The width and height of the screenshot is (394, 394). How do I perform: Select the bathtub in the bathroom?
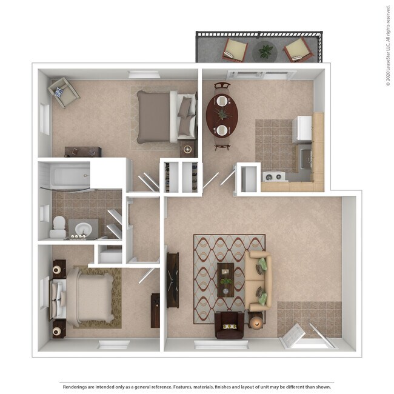[x=64, y=176]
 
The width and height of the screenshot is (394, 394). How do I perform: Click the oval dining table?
[x=222, y=115]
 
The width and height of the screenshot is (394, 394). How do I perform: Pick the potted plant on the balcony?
[x=265, y=52]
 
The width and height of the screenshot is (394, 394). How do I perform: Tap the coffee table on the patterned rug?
[x=226, y=279]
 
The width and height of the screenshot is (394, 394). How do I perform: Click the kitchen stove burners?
[x=274, y=177]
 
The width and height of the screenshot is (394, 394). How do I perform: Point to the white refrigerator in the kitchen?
[x=302, y=129]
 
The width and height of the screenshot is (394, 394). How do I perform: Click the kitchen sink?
[x=306, y=159]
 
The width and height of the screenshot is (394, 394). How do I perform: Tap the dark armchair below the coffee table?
[x=230, y=326]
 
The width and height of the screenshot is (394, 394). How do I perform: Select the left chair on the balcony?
[x=235, y=49]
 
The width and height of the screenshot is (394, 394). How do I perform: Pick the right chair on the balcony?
[x=298, y=50]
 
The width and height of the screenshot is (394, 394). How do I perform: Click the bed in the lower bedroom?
[x=85, y=296]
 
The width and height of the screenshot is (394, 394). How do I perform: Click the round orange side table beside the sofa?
[x=256, y=322]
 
